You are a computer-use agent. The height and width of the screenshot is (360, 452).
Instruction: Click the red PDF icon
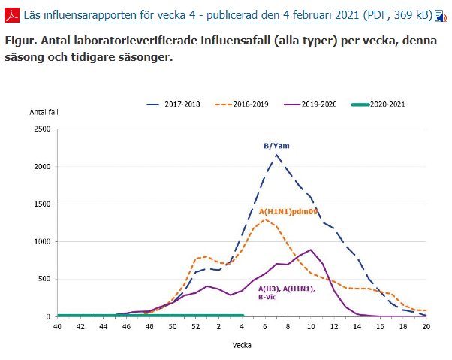(x=12, y=15)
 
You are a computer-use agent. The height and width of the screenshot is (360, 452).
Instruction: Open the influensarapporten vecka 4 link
(x=228, y=15)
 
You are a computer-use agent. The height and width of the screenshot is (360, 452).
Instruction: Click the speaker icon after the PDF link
(x=441, y=16)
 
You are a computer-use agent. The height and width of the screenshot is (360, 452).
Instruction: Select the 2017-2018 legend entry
(x=173, y=104)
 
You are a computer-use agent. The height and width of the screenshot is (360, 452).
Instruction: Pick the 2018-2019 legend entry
(x=242, y=104)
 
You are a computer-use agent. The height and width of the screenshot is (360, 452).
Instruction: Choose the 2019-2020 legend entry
(x=310, y=104)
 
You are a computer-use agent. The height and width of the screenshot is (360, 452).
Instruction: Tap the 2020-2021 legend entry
(x=378, y=104)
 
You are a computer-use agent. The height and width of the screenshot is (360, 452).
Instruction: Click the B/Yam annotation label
(x=276, y=146)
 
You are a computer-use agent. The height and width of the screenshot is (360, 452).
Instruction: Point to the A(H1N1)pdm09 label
(x=288, y=212)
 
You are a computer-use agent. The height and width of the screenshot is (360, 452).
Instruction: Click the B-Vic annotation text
(x=267, y=297)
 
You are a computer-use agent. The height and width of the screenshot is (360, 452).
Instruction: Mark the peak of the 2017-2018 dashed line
(x=276, y=155)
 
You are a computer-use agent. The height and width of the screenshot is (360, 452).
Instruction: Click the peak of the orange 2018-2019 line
(x=265, y=219)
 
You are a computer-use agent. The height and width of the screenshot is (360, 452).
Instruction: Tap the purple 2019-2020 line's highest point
(x=311, y=250)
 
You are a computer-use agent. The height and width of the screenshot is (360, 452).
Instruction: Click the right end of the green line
(x=243, y=316)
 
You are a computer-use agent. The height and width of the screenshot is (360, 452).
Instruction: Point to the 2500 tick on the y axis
(x=42, y=129)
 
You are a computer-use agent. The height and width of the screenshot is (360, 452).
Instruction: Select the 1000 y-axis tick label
(x=42, y=241)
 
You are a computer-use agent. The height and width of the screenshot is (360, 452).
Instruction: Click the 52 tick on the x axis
(x=196, y=326)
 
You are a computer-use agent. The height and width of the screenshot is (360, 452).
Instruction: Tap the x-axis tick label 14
(x=357, y=326)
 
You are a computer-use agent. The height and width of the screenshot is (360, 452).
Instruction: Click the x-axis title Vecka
(x=242, y=345)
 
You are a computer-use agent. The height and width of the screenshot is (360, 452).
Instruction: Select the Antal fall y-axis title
(x=44, y=112)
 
